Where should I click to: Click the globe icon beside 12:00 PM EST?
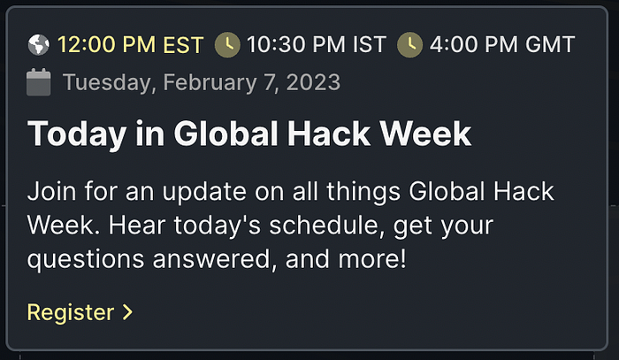(x=39, y=44)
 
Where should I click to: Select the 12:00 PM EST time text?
(x=130, y=44)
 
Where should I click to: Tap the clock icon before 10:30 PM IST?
(x=227, y=44)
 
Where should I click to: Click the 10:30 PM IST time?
(x=317, y=44)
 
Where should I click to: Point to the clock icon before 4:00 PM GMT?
(x=409, y=44)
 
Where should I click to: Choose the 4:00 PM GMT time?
(x=502, y=44)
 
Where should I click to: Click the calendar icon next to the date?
(x=39, y=82)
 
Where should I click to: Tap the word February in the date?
(x=210, y=83)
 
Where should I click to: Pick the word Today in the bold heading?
(x=77, y=134)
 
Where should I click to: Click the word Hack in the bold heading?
(x=328, y=134)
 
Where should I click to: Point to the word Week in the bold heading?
(x=425, y=134)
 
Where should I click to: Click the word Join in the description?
(x=51, y=192)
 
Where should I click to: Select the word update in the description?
(x=204, y=193)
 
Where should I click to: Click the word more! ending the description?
(x=372, y=260)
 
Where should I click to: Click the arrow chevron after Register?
(x=127, y=312)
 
